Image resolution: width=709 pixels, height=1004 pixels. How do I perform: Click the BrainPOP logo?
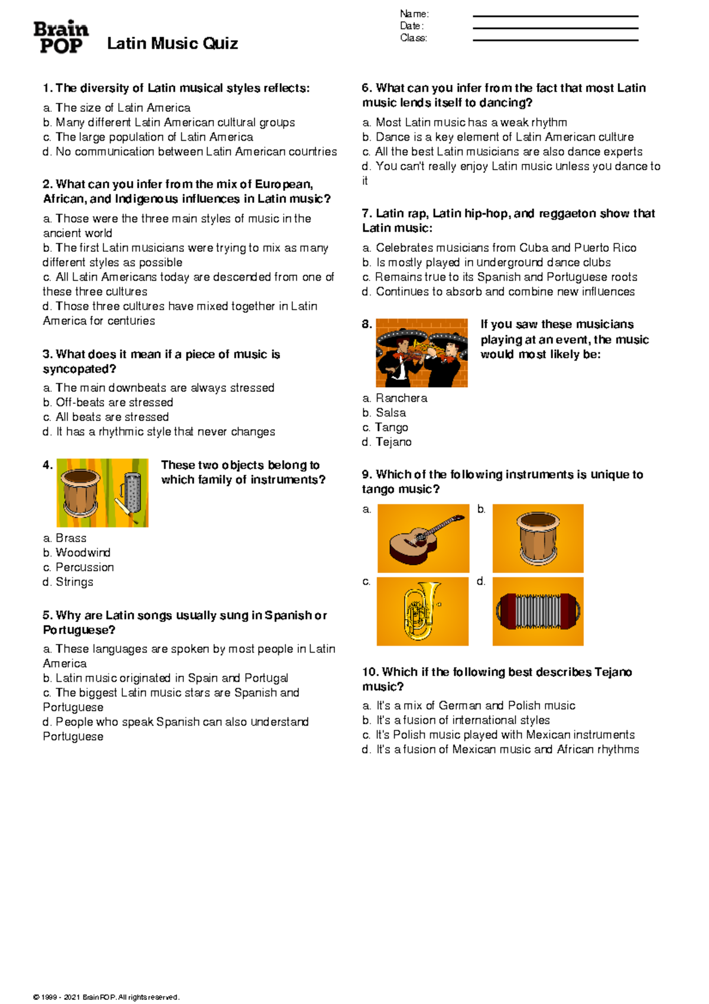point(61,37)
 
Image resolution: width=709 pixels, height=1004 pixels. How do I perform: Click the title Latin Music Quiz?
point(173,44)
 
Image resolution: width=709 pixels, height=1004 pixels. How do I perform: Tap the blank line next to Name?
point(555,17)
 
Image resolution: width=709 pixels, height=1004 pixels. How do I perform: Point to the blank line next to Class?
point(555,41)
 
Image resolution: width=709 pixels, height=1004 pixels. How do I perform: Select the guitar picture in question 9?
point(423,538)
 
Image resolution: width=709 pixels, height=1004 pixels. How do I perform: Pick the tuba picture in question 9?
point(422,611)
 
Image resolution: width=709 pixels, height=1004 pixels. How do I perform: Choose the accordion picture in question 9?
point(538,611)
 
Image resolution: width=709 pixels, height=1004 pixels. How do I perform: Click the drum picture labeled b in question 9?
point(538,538)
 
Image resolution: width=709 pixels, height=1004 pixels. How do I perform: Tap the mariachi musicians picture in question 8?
point(421,353)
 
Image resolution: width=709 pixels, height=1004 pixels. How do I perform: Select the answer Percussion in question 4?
point(79,567)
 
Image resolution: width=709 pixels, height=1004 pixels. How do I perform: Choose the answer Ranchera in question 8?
point(395,398)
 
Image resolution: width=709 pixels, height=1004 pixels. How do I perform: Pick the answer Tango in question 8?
point(385,427)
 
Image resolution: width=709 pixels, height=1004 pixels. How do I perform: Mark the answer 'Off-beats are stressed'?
point(108,402)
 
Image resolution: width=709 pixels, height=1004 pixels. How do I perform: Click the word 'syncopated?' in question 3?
point(79,370)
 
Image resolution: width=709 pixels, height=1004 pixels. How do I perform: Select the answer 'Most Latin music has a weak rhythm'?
point(464,122)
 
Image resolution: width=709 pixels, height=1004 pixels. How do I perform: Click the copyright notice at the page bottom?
point(106,997)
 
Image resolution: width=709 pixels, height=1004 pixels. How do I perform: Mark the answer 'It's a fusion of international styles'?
point(456,720)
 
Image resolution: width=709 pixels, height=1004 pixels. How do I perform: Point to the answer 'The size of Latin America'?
point(117,108)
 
